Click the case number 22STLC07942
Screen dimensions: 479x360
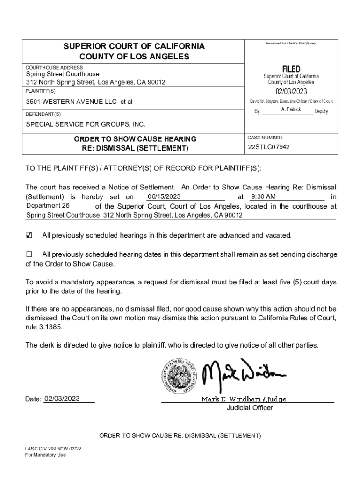[269, 147]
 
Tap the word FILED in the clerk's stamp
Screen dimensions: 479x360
[291, 69]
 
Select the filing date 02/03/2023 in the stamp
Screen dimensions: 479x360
[291, 92]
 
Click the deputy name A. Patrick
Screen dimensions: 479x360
[291, 109]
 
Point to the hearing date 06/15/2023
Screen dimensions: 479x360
[161, 196]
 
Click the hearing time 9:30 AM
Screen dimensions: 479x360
[263, 196]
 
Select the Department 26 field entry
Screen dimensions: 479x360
[48, 206]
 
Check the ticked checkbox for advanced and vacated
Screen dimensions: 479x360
[29, 235]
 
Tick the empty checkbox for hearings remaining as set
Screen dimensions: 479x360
[29, 254]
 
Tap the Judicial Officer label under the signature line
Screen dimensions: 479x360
[250, 408]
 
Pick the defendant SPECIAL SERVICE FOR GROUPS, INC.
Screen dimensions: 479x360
[86, 124]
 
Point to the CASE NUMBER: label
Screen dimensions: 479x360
[265, 138]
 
